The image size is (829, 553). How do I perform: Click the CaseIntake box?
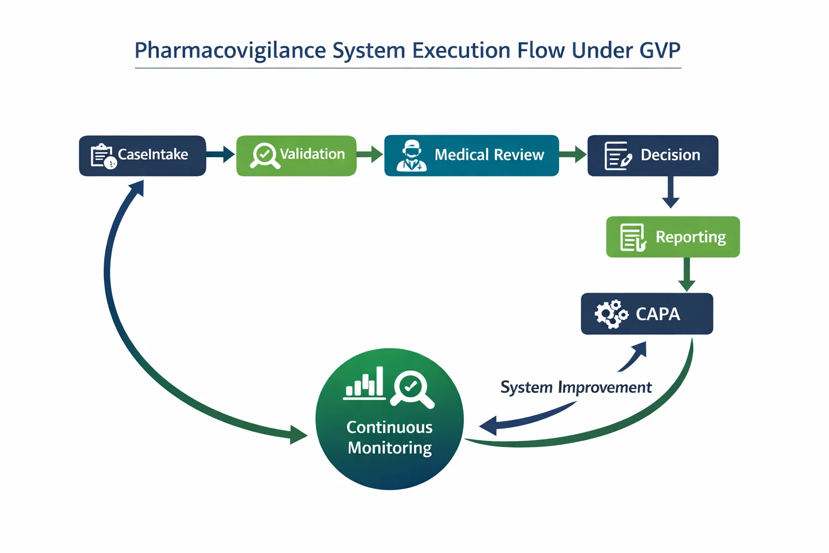(142, 156)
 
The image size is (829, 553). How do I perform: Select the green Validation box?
(296, 156)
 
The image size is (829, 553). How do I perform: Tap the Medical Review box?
(471, 156)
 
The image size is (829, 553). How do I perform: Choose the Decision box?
(653, 156)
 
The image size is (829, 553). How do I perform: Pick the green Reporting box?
(672, 237)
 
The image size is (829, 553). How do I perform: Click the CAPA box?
(647, 314)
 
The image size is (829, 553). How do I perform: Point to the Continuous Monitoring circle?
(389, 419)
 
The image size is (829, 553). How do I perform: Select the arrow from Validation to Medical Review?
(370, 154)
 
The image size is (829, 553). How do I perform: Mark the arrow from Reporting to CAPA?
(687, 274)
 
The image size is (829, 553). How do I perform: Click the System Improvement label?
(576, 387)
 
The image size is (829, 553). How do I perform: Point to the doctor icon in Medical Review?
(412, 156)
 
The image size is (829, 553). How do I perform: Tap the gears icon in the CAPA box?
(611, 314)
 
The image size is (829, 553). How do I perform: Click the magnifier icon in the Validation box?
(264, 156)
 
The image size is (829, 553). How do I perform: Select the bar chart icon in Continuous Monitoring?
(364, 383)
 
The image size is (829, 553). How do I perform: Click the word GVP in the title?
(660, 50)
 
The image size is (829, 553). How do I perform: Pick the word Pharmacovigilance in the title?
(230, 50)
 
